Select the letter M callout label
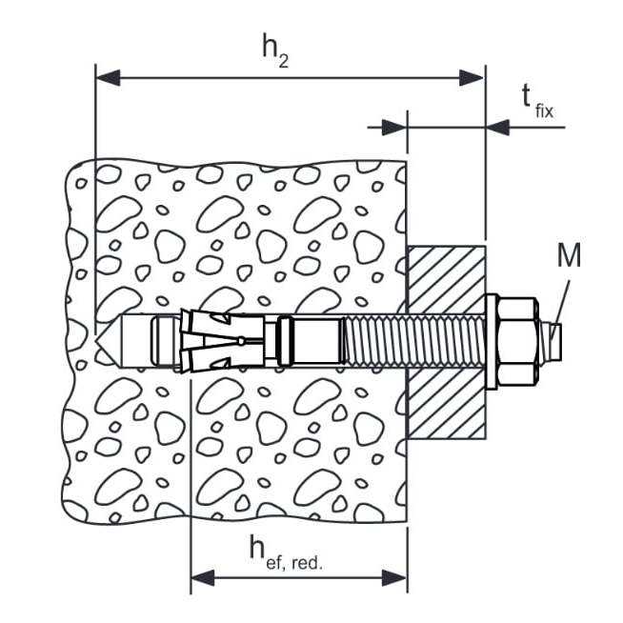[569, 255]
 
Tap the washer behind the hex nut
[492, 341]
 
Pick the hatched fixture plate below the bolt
[446, 405]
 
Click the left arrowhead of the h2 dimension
[108, 77]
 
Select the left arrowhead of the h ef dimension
[202, 576]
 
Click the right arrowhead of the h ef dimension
[396, 576]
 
